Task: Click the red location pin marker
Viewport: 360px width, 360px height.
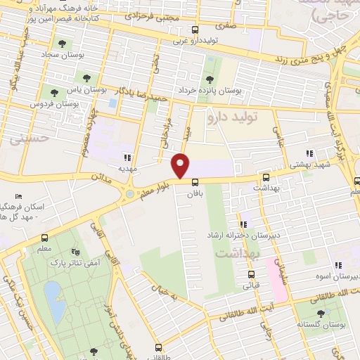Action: click(x=181, y=165)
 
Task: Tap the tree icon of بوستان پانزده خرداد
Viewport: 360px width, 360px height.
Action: click(x=209, y=79)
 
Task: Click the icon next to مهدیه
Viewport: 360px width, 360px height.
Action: click(x=127, y=158)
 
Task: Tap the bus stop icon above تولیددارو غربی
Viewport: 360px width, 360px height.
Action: click(x=196, y=30)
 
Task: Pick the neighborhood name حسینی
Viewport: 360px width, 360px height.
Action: click(x=27, y=139)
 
